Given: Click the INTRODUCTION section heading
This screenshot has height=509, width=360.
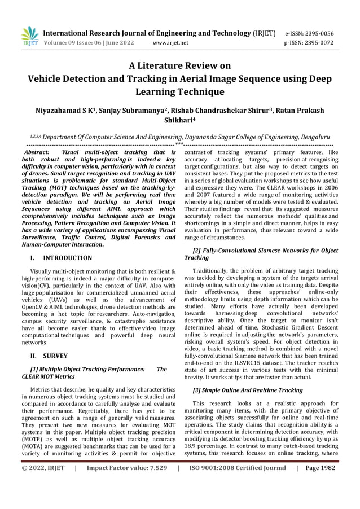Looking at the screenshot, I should coord(68,258).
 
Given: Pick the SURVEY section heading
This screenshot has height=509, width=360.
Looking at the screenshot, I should coord(55,356).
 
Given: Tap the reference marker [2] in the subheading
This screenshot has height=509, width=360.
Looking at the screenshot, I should coord(197,249).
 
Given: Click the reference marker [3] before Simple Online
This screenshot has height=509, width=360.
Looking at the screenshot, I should coord(197,390).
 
